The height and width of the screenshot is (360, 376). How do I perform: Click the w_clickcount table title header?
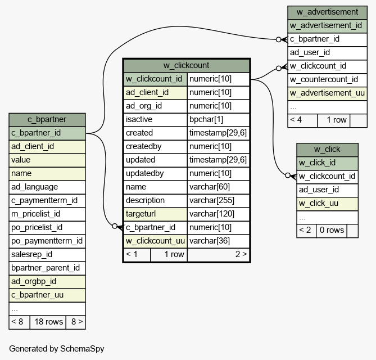[x=187, y=65]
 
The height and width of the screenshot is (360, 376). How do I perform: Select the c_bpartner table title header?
[x=47, y=120]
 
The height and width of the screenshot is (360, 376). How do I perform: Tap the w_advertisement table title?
[x=327, y=12]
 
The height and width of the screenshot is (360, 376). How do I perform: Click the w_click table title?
[x=327, y=150]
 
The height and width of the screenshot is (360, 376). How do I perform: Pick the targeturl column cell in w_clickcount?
[x=155, y=214]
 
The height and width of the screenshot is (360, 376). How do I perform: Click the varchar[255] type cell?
[x=219, y=201]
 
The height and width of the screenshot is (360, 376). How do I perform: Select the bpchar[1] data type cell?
[x=219, y=119]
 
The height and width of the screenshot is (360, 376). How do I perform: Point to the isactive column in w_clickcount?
[x=155, y=119]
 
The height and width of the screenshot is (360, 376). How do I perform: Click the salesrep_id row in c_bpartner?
[x=47, y=255]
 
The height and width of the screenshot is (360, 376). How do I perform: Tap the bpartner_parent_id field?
[x=47, y=268]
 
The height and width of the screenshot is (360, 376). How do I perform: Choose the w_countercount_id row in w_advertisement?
[x=327, y=80]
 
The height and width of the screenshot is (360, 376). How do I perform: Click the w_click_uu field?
[x=327, y=204]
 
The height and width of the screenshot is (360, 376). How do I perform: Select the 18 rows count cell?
[x=48, y=322]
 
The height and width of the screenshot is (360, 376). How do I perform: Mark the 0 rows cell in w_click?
[x=332, y=231]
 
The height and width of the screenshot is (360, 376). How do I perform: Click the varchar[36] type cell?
[x=219, y=241]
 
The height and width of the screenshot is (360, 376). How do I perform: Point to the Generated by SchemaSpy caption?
[x=57, y=349]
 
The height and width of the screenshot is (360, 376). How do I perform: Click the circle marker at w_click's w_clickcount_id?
[x=288, y=175]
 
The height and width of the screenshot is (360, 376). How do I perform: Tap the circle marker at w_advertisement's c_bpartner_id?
[x=278, y=39]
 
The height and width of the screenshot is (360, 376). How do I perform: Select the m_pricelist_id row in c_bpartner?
[x=47, y=214]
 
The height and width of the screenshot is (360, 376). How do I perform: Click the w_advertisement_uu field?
[x=327, y=93]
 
